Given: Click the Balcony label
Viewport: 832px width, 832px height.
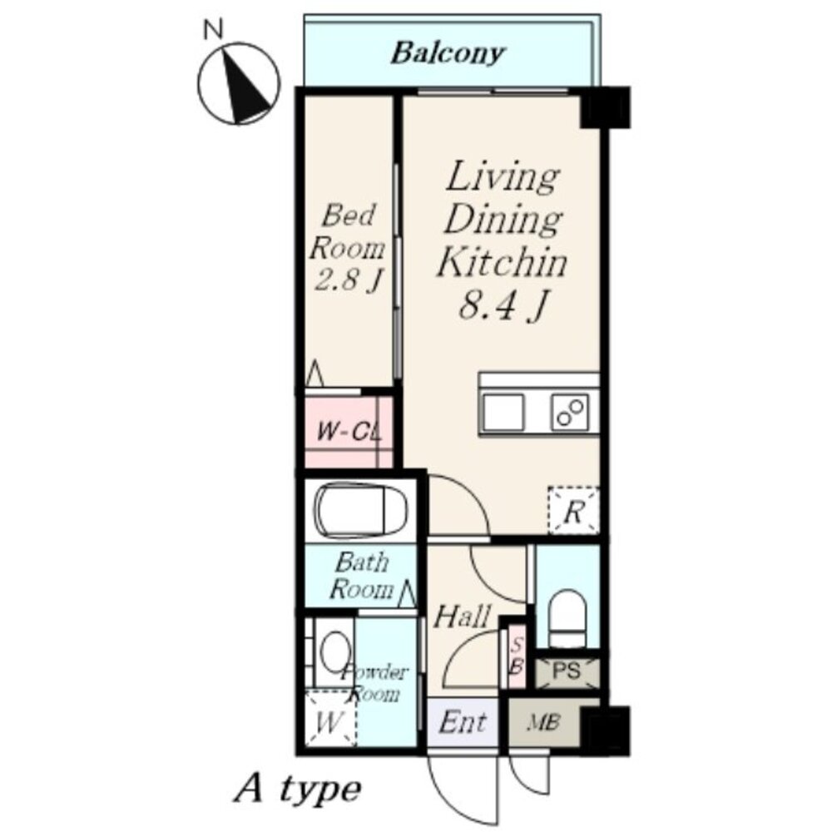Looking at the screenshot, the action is tap(448, 53).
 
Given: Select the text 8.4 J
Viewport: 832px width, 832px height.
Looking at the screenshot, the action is tap(502, 305).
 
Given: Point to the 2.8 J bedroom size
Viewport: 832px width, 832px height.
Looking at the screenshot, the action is tap(348, 279).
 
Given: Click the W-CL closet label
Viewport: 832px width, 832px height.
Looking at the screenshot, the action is tap(349, 432).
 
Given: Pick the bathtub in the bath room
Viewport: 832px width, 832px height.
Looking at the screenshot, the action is tap(363, 511).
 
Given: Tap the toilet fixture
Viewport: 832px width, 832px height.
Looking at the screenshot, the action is tap(567, 618).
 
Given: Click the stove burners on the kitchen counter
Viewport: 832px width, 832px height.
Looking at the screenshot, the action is tap(571, 413).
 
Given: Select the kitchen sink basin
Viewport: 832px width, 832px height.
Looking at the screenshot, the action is tap(503, 413).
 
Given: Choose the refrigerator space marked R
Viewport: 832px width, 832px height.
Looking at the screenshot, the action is tap(573, 511).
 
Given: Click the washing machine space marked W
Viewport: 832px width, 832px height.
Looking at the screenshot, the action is tap(329, 719).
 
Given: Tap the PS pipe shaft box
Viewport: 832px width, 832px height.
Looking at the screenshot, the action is tap(567, 672).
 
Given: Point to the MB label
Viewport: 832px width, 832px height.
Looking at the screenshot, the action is tap(542, 723).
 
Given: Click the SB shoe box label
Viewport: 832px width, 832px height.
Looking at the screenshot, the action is tap(517, 656).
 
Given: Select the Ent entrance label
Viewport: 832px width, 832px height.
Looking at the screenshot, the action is tap(463, 722).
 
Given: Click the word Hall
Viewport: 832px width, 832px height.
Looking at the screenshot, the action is tap(462, 616).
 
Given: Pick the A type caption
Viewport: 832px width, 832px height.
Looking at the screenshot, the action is tap(298, 790).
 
